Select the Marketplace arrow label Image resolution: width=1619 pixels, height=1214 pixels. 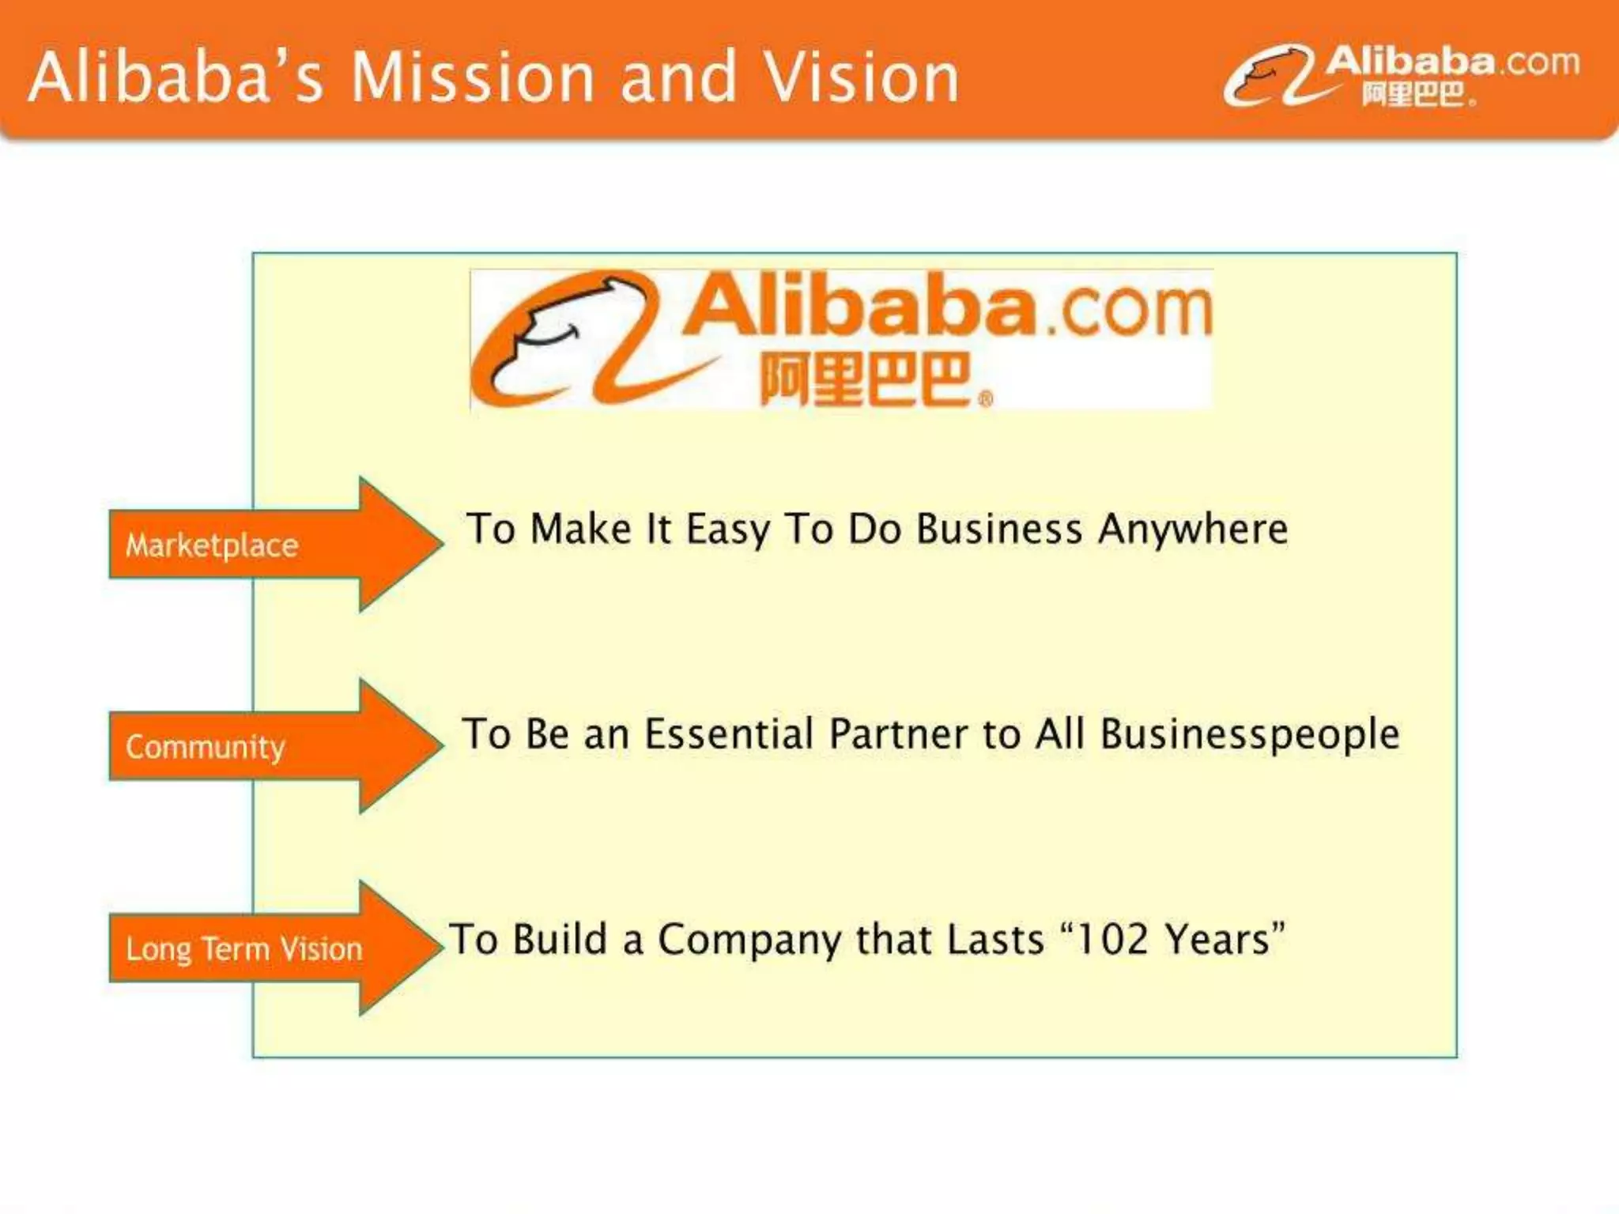(212, 545)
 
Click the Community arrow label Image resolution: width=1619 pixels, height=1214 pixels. (206, 747)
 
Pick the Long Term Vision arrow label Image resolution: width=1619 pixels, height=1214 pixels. (243, 948)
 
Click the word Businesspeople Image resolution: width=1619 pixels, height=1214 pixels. (1250, 734)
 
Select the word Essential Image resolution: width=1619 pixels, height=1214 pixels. (729, 734)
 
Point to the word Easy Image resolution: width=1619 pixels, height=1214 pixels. (727, 530)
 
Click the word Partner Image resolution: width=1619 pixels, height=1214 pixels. (899, 734)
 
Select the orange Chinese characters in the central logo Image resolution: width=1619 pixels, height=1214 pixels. (866, 379)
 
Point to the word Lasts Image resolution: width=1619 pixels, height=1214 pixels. (995, 940)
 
